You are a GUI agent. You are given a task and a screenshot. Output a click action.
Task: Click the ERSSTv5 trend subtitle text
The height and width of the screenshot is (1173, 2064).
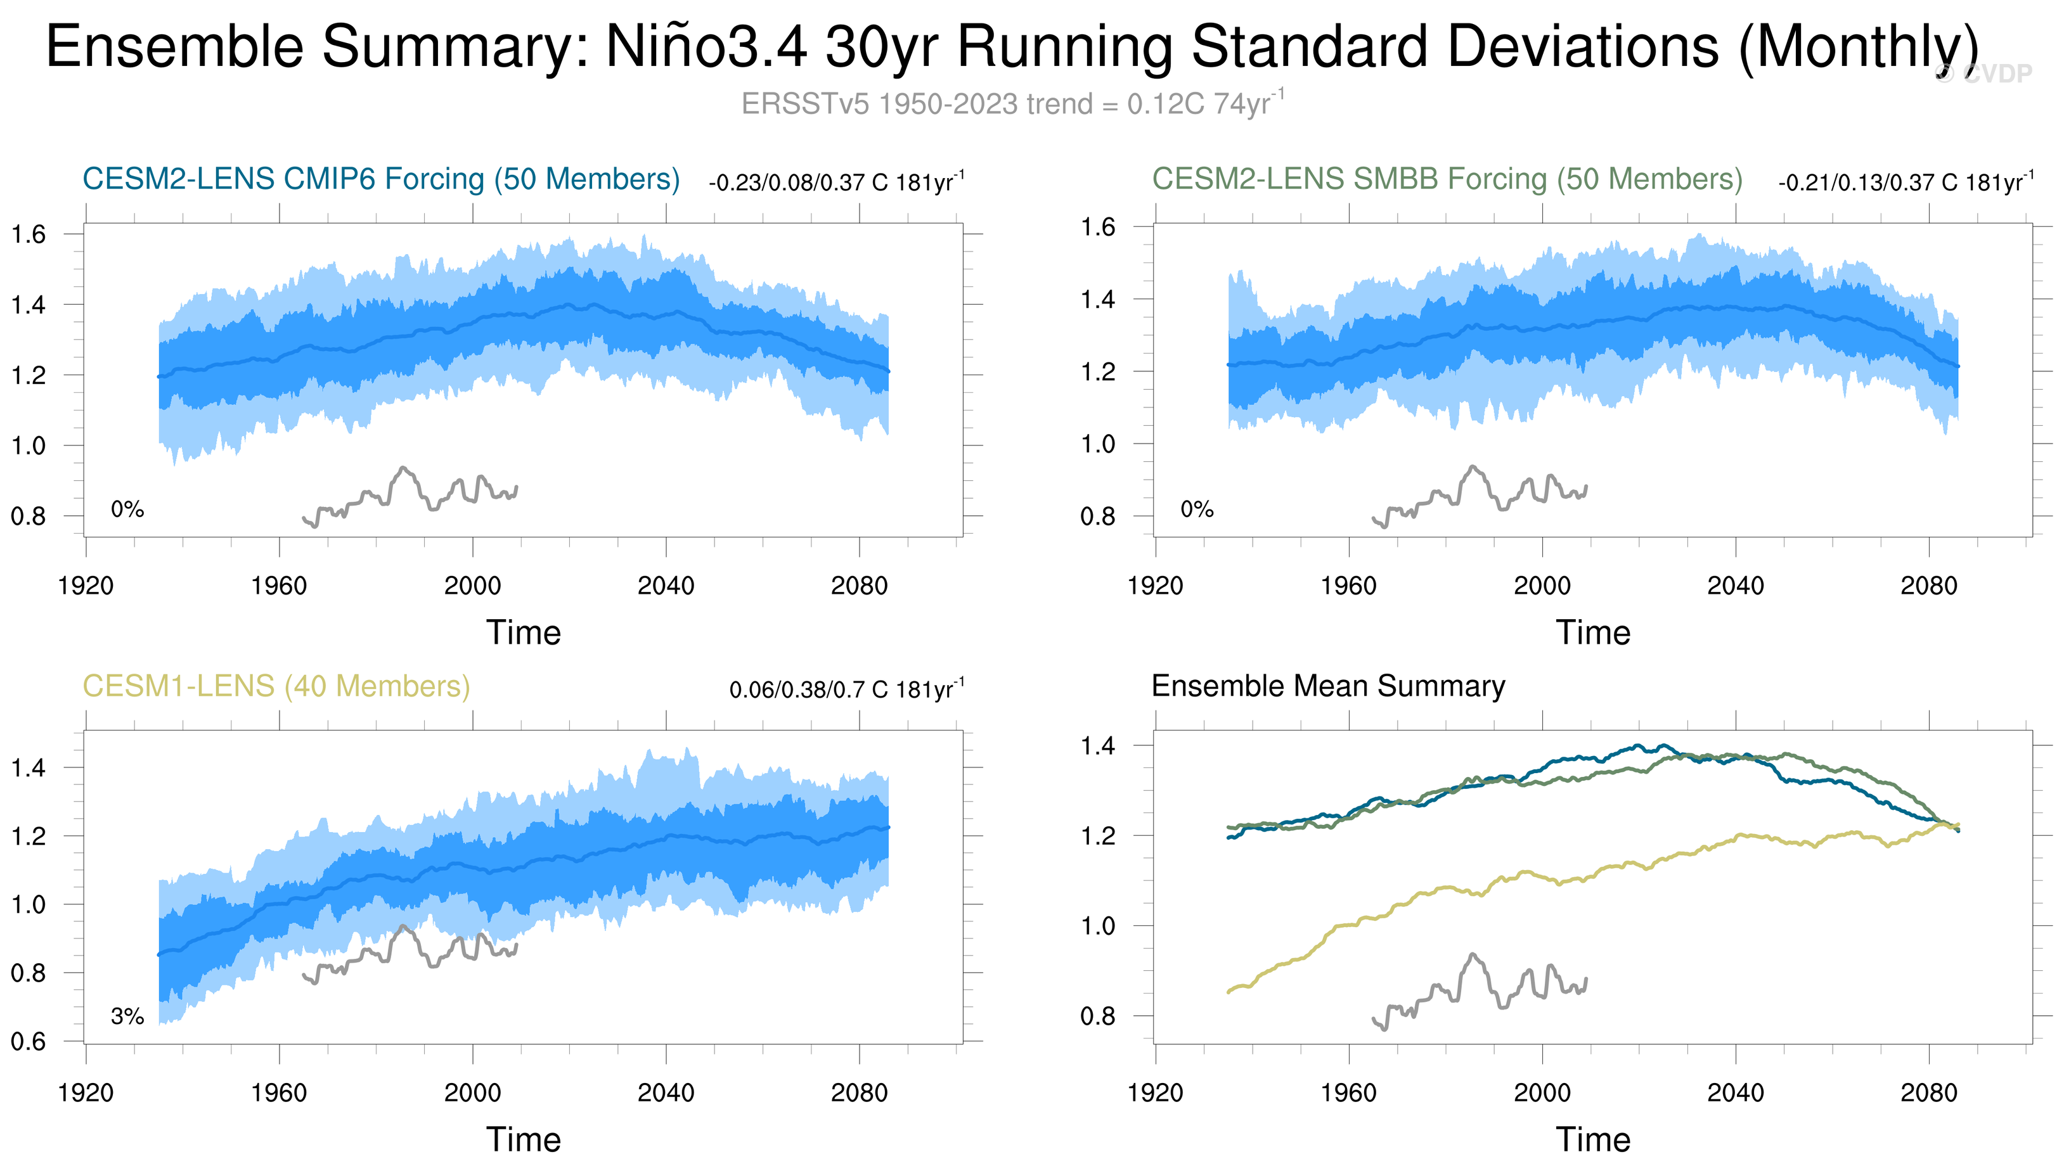point(1012,104)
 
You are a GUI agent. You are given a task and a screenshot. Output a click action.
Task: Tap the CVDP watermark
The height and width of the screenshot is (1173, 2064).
point(1983,74)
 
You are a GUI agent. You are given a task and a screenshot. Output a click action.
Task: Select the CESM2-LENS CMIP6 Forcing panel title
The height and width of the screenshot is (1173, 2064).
point(381,179)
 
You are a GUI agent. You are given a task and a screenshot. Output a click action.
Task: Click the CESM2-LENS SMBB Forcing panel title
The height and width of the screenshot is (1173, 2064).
point(1447,179)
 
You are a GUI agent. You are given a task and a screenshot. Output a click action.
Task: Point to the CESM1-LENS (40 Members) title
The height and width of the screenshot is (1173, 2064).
point(276,686)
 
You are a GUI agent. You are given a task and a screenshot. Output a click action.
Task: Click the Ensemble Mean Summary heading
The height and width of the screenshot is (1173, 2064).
point(1327,686)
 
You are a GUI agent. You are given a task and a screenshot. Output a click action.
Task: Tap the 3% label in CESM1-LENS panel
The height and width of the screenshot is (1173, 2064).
point(127,1016)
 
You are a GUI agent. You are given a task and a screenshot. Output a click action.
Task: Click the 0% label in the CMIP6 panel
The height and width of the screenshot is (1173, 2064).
point(127,509)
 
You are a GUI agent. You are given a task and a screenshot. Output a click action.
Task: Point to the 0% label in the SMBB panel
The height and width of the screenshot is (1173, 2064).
point(1196,509)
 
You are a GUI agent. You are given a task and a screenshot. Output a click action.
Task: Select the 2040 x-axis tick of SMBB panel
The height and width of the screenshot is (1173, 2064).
point(1735,586)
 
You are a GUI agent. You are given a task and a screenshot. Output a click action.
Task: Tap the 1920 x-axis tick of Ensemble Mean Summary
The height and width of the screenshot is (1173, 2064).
point(1155,1093)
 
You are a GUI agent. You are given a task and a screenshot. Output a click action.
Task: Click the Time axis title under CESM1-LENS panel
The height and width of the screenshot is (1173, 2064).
point(523,1140)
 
